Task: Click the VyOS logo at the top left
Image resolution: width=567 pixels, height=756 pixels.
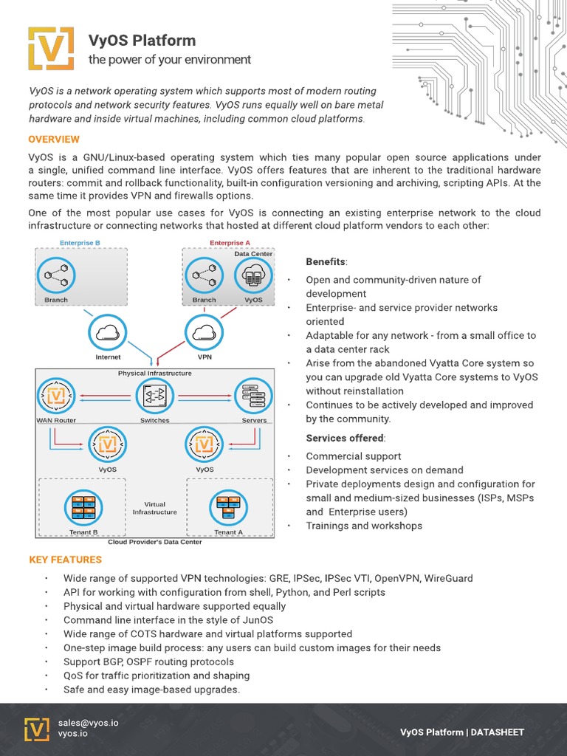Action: click(x=51, y=49)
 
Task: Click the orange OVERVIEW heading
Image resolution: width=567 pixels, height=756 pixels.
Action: click(x=54, y=140)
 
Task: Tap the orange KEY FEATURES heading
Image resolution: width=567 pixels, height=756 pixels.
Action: click(x=65, y=560)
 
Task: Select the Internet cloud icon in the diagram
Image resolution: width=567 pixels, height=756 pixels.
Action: click(x=108, y=333)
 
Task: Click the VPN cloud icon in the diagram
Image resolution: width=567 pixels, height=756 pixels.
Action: click(x=205, y=333)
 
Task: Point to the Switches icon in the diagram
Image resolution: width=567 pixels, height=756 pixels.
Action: click(x=154, y=396)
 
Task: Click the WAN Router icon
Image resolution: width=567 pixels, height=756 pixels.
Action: click(x=56, y=396)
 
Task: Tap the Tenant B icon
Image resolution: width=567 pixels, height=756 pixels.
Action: click(x=83, y=506)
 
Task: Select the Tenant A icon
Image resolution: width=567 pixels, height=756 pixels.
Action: click(x=228, y=506)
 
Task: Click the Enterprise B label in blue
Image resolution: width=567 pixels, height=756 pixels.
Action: click(x=80, y=243)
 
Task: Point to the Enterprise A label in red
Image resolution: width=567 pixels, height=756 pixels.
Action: click(x=230, y=243)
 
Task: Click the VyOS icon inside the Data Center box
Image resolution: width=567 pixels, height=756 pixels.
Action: click(x=253, y=276)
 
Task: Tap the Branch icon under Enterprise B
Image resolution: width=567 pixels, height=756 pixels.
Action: click(x=56, y=278)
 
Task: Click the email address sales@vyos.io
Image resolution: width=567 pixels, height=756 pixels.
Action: click(x=89, y=723)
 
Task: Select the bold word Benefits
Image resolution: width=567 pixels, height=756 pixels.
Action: click(x=326, y=262)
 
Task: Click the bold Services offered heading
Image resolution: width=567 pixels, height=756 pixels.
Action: click(x=343, y=438)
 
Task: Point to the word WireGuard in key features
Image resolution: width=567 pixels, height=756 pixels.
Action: click(x=448, y=578)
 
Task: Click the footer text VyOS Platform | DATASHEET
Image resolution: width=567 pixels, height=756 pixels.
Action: click(x=461, y=732)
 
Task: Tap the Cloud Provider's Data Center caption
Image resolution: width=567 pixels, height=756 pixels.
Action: click(x=154, y=542)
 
